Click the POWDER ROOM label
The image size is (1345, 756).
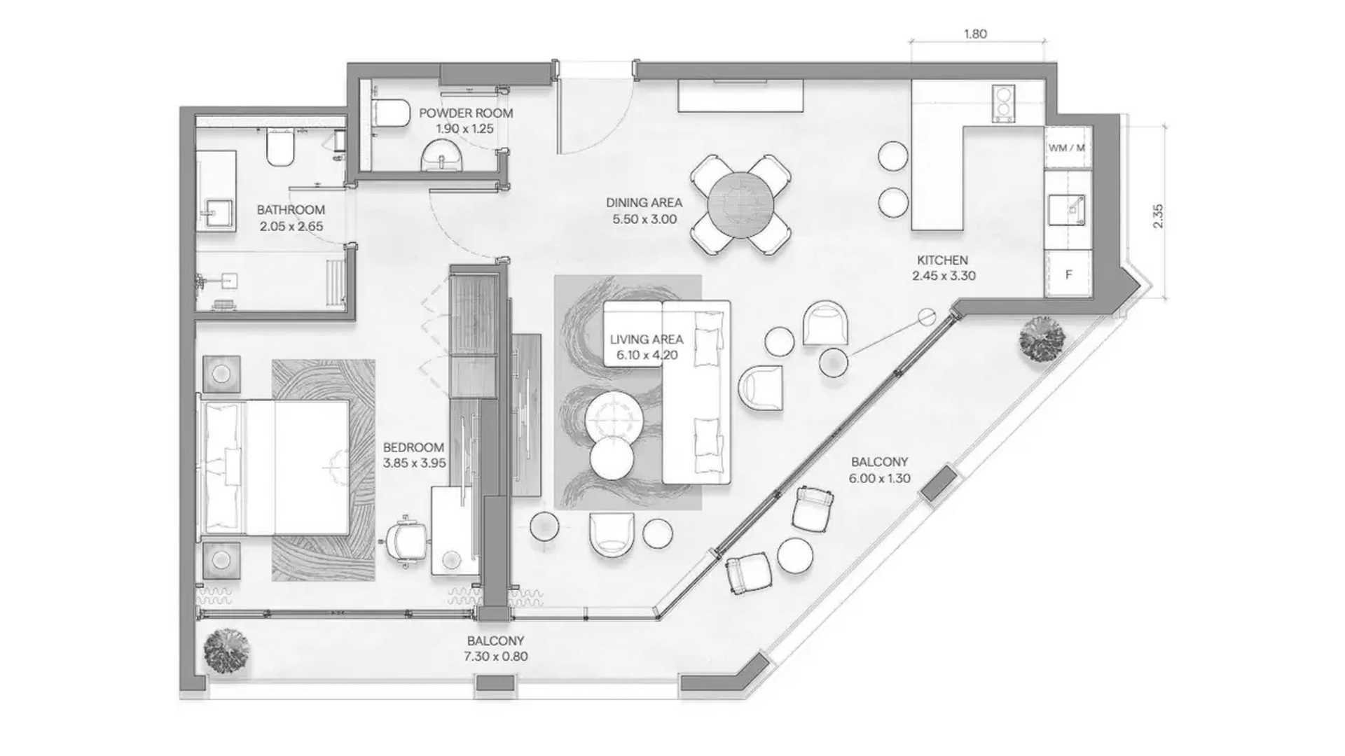[x=466, y=113]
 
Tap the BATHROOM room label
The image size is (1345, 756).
[x=291, y=209]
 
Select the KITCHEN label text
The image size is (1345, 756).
[x=942, y=260]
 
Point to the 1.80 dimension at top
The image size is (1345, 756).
[x=975, y=34]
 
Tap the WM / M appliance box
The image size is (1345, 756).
[x=1067, y=148]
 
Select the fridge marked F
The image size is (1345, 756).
[x=1068, y=274]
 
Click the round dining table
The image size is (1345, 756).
[x=740, y=205]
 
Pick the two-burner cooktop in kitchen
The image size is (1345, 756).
[x=1003, y=104]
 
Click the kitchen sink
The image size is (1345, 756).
[x=1067, y=211]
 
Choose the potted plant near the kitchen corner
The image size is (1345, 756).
[x=1042, y=339]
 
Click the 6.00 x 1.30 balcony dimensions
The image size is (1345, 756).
[x=879, y=479]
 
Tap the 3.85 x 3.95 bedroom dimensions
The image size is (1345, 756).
[x=414, y=463]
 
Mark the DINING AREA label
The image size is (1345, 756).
[x=644, y=202]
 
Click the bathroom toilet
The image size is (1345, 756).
[x=281, y=149]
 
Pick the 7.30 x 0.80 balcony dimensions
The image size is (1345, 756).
[x=495, y=657]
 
